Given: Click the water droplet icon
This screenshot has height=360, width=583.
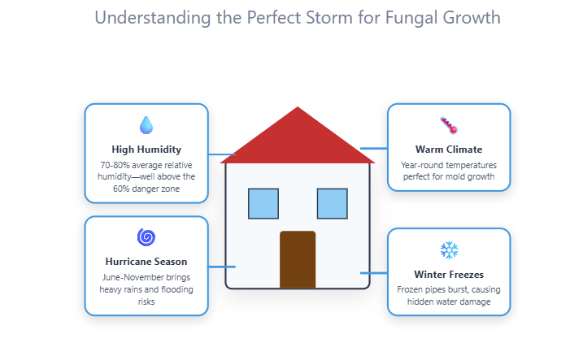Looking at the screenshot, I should tap(146, 125).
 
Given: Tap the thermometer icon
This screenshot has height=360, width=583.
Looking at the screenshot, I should tap(449, 125).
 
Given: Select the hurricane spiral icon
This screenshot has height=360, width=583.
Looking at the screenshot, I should tap(146, 237).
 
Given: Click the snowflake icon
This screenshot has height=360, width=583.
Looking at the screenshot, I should tap(449, 249).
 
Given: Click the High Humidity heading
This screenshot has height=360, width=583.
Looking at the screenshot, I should tap(146, 150).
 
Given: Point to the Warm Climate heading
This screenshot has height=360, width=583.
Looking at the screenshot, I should tap(449, 150).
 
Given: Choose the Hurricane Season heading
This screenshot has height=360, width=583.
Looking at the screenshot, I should tap(146, 262).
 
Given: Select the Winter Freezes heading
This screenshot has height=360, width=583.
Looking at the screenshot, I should tap(449, 274).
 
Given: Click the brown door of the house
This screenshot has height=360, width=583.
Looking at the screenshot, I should tap(298, 259).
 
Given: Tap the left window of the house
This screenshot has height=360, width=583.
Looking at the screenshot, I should tap(263, 203).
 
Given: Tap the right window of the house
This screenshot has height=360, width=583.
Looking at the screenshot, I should tap(332, 203).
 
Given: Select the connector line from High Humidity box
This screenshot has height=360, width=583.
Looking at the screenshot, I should tap(220, 154).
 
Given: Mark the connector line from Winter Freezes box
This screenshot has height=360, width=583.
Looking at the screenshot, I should tap(374, 273).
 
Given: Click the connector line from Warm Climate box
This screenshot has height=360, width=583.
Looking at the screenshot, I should tap(373, 149).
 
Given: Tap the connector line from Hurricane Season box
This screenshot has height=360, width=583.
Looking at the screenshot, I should tap(222, 267).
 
